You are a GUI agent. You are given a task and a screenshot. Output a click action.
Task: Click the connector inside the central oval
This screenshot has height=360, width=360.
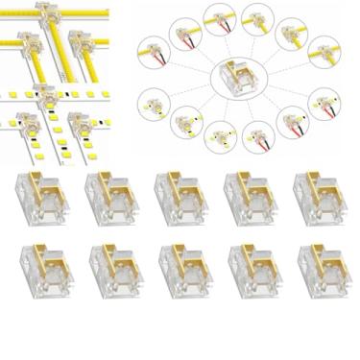coord(236,76)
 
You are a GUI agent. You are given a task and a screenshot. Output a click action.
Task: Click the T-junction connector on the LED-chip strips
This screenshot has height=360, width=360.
coord(44,95)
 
